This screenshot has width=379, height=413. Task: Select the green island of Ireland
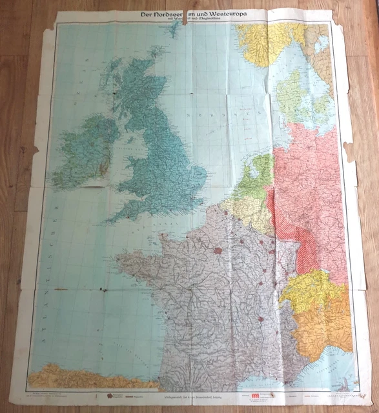coord(83,152)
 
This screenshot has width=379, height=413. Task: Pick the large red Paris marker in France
coord(218,250)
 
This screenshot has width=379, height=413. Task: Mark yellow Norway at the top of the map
coord(261,42)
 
